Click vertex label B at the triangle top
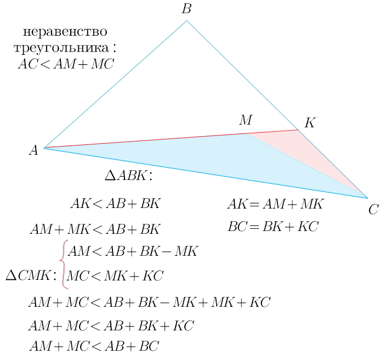tap(186, 9)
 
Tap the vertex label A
tap(33, 150)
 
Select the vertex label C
tap(373, 209)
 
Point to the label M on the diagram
tap(245, 120)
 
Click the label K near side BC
tap(310, 123)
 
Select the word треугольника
tap(65, 48)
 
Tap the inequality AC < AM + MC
tap(66, 64)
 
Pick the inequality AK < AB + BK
tap(115, 204)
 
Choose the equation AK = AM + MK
tap(276, 205)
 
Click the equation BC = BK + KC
tap(273, 226)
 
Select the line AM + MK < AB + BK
tap(94, 229)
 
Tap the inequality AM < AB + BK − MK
tap(132, 252)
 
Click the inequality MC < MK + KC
tap(115, 275)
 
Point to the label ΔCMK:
tap(31, 275)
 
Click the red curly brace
tap(64, 265)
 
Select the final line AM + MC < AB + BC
tap(94, 346)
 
